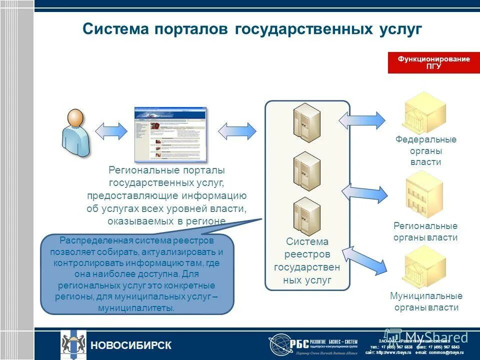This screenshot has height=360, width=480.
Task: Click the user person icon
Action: point(76,132)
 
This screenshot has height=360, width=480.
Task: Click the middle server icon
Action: point(306,170)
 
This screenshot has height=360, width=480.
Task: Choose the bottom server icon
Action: point(306,216)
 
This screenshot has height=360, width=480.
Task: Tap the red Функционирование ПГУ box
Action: point(433,63)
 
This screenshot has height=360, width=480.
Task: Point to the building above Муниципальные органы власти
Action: point(425,266)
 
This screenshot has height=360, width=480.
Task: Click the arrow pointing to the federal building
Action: point(362,120)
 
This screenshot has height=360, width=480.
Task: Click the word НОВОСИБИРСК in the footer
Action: point(130,345)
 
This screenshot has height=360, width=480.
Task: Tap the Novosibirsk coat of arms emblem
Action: point(73,344)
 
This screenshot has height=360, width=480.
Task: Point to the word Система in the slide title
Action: point(116,28)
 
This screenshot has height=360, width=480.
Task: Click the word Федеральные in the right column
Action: point(426,139)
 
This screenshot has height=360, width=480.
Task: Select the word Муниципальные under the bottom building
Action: point(426,296)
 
